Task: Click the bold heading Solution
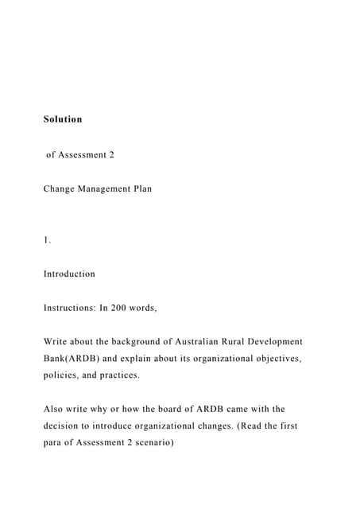click(x=63, y=119)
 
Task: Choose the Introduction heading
click(x=69, y=274)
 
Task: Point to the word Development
click(x=277, y=341)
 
